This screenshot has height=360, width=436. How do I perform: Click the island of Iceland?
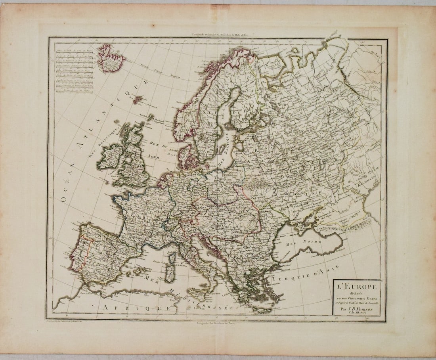pyautogui.click(x=110, y=58)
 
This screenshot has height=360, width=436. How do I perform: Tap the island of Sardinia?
pyautogui.click(x=170, y=273)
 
